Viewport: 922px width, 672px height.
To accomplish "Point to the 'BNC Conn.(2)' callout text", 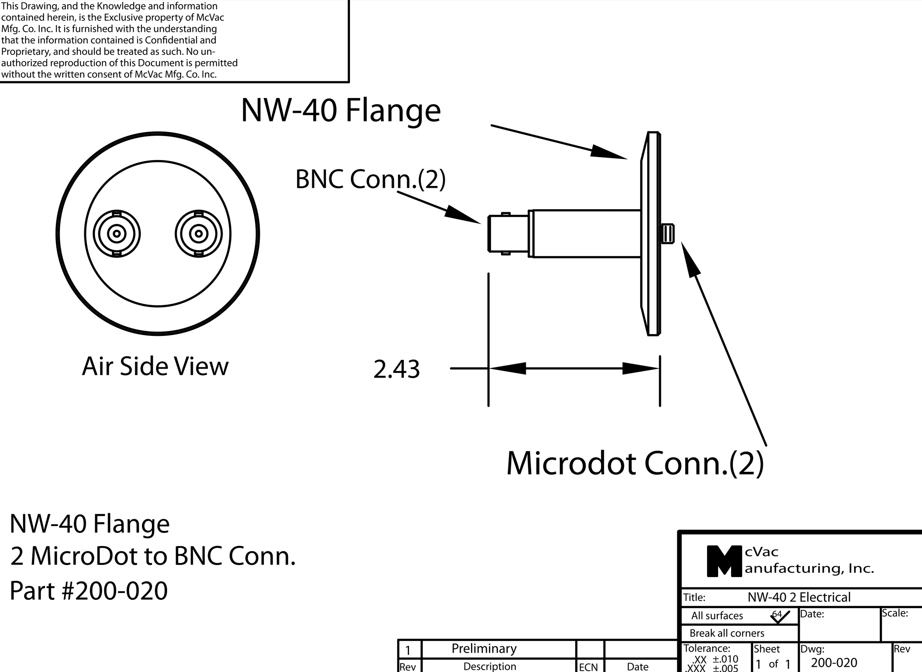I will point(370,179).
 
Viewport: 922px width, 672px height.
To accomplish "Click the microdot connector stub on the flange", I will point(667,234).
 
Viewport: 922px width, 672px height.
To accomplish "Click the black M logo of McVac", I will point(724,561).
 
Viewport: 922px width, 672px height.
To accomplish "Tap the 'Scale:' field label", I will point(895,613).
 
